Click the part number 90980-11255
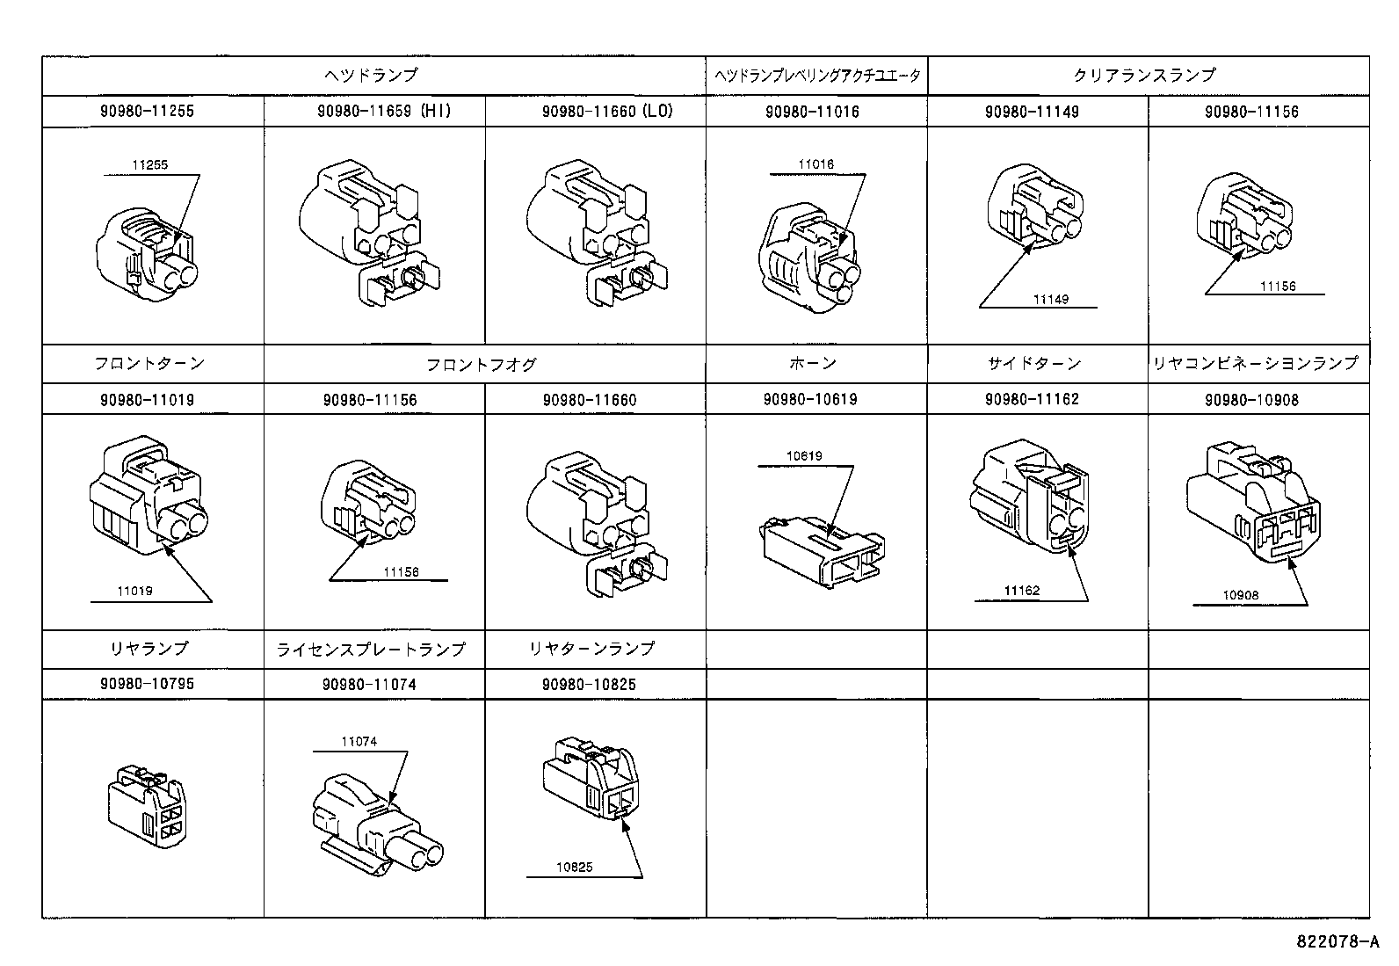(x=147, y=112)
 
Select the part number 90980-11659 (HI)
(x=385, y=112)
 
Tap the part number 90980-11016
(x=812, y=112)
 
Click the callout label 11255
(x=150, y=164)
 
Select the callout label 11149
(x=1050, y=299)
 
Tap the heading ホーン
(x=812, y=363)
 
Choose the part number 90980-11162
(x=1033, y=399)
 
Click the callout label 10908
(x=1240, y=595)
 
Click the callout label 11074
(x=359, y=742)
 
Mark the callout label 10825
(x=574, y=868)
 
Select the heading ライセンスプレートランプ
(x=370, y=649)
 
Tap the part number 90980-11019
(x=147, y=400)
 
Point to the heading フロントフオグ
(x=481, y=364)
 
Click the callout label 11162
(x=1021, y=591)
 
